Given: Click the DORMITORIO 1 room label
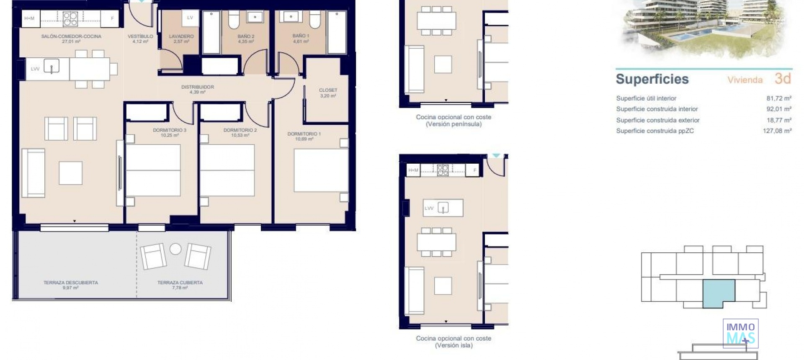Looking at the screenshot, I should [304, 134].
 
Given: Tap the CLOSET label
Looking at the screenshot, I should [328, 90].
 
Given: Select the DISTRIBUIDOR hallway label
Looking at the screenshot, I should [198, 87].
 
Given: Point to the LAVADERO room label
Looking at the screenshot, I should [181, 37].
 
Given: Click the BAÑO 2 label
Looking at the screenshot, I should [246, 37].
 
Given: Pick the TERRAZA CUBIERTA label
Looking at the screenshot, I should [180, 283].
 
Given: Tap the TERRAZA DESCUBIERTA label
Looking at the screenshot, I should [71, 283].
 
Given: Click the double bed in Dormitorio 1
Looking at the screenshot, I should [321, 170].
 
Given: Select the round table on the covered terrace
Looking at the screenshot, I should [175, 249].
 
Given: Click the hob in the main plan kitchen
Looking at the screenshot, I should [70, 19].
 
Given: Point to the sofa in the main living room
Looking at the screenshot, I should [33, 172].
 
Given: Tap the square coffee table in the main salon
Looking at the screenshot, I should [70, 172].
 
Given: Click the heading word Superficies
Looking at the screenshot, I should [652, 79].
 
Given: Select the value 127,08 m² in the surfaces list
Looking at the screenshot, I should [777, 131].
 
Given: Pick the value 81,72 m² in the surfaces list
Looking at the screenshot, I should [778, 98].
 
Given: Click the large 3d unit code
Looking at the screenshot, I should [782, 79].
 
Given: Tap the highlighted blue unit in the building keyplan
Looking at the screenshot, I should [718, 293].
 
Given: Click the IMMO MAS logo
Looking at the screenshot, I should [740, 334].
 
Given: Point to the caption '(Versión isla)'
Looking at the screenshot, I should [454, 345].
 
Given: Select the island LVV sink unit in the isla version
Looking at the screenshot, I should [443, 208].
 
